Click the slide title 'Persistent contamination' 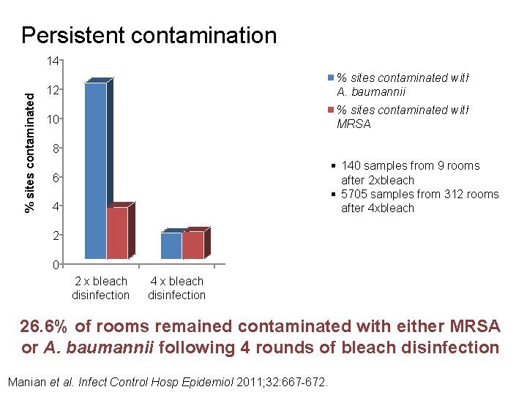coord(149,35)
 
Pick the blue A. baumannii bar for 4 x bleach coord(171,245)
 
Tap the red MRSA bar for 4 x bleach coord(193,244)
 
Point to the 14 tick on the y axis coord(52,61)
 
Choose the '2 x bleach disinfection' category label coord(100,288)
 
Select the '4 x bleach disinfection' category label coord(176,288)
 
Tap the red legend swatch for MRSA coord(331,110)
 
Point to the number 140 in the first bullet coord(351,166)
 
